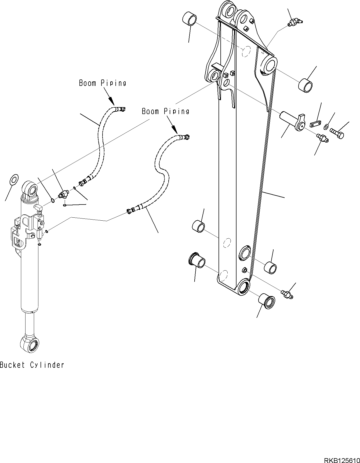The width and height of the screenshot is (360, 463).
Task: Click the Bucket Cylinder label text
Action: pyautogui.click(x=32, y=365)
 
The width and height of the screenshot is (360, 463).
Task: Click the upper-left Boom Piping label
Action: pyautogui.click(x=103, y=83)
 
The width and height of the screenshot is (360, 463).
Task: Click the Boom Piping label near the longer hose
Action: pyautogui.click(x=165, y=111)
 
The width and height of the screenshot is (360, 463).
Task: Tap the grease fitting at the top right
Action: pyautogui.click(x=295, y=22)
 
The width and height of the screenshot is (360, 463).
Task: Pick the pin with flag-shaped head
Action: pyautogui.click(x=292, y=121)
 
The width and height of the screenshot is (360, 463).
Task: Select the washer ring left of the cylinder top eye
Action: pyautogui.click(x=13, y=179)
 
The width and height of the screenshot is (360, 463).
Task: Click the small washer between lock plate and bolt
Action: pyautogui.click(x=326, y=126)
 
